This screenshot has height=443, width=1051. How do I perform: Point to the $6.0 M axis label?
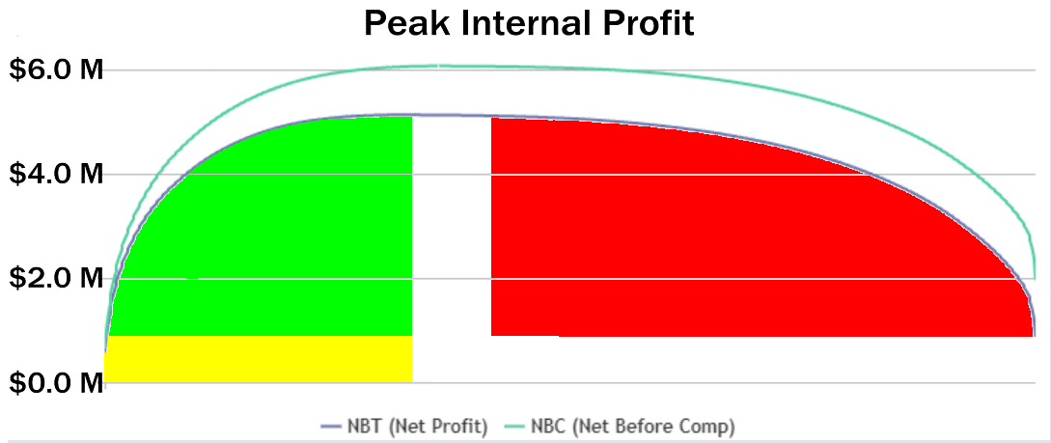pyautogui.click(x=56, y=69)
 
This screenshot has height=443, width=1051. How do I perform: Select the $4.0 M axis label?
pyautogui.click(x=56, y=175)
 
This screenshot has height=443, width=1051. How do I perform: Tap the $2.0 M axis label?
pyautogui.click(x=56, y=278)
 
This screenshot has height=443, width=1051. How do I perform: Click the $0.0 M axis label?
pyautogui.click(x=56, y=383)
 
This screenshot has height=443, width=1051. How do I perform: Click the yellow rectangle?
pyautogui.click(x=259, y=359)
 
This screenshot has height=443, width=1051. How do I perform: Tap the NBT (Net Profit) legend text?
pyautogui.click(x=416, y=427)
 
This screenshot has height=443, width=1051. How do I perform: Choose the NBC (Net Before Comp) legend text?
pyautogui.click(x=633, y=427)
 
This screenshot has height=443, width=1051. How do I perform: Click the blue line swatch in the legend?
pyautogui.click(x=331, y=427)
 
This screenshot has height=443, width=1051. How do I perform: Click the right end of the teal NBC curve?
pyautogui.click(x=1035, y=278)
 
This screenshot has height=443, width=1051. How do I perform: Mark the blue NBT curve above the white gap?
pyautogui.click(x=452, y=115)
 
